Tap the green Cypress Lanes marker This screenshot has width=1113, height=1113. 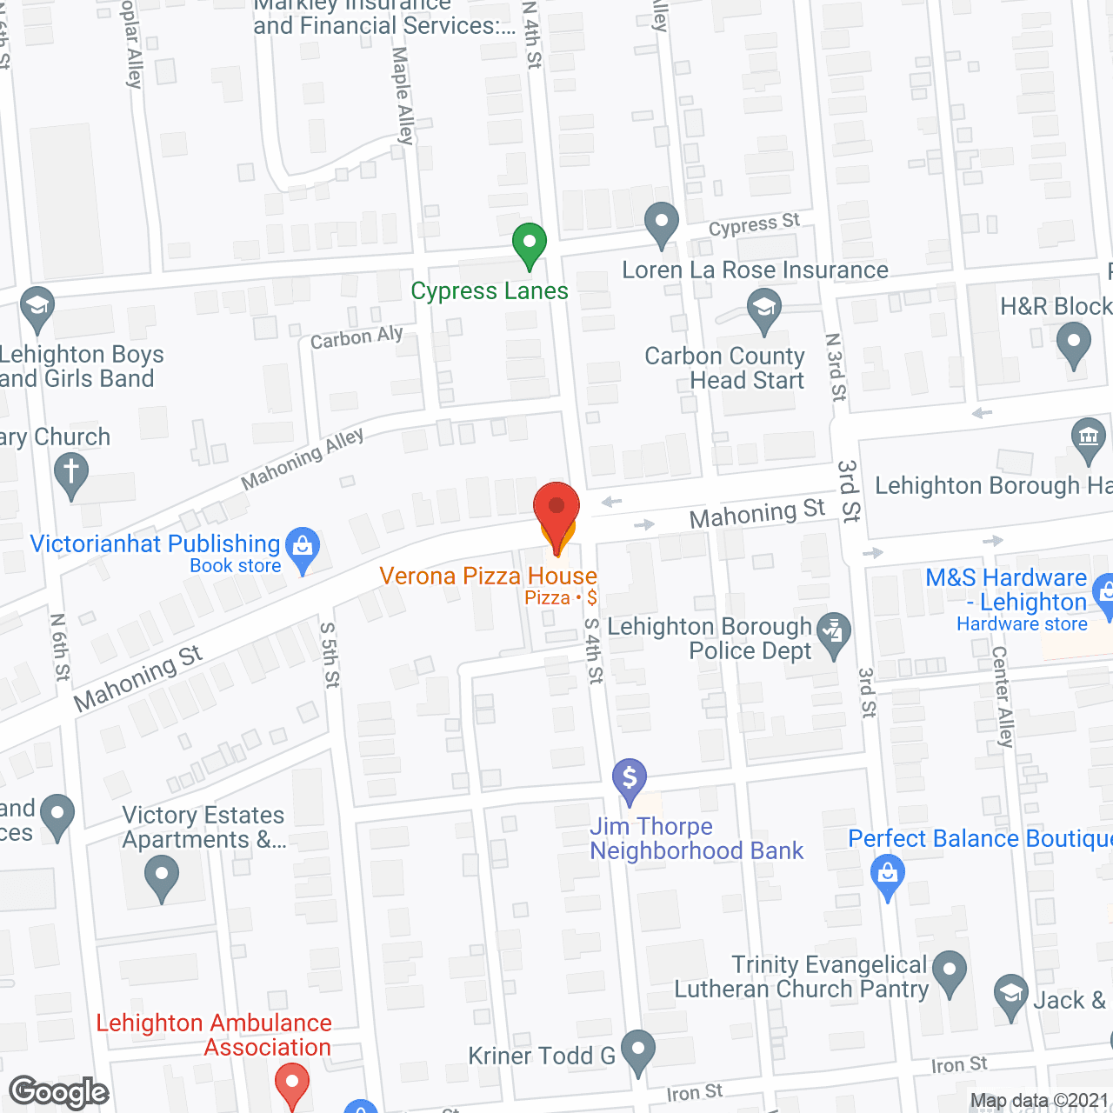pyautogui.click(x=529, y=244)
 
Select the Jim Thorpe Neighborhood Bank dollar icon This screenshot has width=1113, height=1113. pyautogui.click(x=630, y=780)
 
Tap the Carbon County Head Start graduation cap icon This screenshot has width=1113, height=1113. pyautogui.click(x=764, y=310)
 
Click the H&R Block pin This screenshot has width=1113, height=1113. pyautogui.click(x=1073, y=343)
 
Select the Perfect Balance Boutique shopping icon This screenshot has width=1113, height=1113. pyautogui.click(x=888, y=876)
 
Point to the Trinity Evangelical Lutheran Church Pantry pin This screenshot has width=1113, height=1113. pyautogui.click(x=950, y=972)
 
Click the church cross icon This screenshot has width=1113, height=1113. pyautogui.click(x=71, y=475)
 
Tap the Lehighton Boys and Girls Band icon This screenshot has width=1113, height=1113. pyautogui.click(x=37, y=308)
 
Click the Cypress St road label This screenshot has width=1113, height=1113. pyautogui.click(x=754, y=225)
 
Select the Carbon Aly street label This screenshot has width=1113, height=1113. pyautogui.click(x=357, y=337)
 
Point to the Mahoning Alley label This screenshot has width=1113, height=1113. pyautogui.click(x=303, y=458)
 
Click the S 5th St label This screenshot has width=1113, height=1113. pyautogui.click(x=330, y=655)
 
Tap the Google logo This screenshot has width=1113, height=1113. pyautogui.click(x=59, y=1092)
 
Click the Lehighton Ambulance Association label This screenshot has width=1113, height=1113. pyautogui.click(x=214, y=1035)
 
